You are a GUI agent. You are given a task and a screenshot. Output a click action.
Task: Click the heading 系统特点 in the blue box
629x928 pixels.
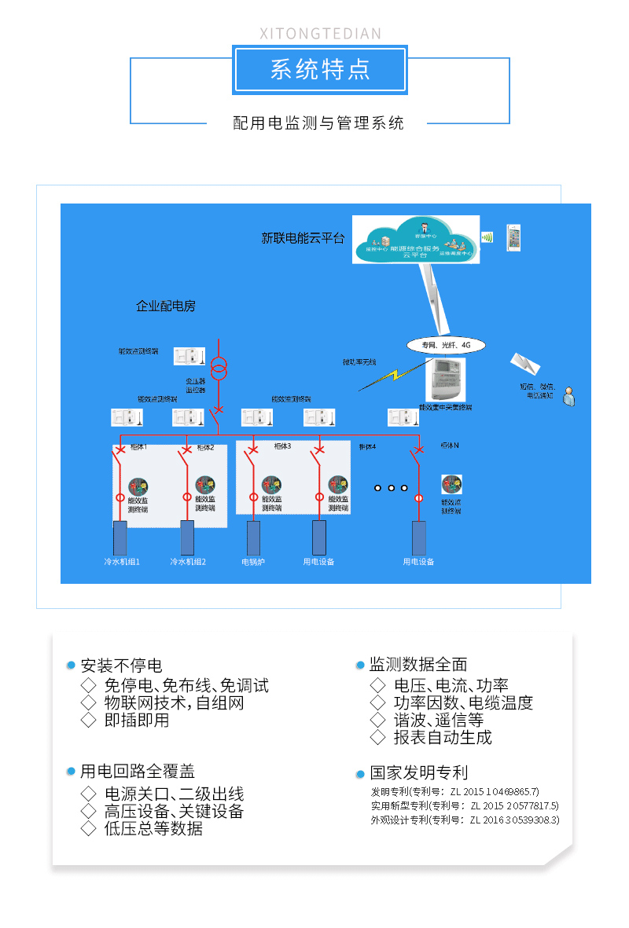(x=319, y=70)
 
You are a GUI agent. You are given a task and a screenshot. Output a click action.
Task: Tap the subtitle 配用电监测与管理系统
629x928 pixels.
(x=318, y=123)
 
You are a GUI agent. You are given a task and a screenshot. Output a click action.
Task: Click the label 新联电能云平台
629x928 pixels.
(x=303, y=238)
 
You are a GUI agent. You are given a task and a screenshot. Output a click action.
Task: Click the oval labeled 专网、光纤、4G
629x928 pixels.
(x=446, y=345)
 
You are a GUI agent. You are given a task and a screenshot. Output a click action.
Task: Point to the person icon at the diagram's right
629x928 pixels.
(x=568, y=397)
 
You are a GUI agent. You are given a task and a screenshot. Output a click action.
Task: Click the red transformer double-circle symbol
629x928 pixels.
(x=219, y=367)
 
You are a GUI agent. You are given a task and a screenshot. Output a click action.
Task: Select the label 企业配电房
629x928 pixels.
(x=165, y=306)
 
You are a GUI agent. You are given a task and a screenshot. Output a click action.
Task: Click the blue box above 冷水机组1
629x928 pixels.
(x=120, y=537)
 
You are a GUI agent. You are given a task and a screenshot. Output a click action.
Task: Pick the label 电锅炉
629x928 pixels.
(x=253, y=562)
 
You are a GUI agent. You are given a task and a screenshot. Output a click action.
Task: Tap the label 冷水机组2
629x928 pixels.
(x=188, y=562)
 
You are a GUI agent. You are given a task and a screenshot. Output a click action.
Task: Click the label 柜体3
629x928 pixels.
(x=282, y=446)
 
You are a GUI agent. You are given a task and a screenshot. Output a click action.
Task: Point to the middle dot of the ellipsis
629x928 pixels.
(x=391, y=488)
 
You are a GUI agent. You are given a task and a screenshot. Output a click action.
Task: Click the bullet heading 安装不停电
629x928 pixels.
(x=121, y=666)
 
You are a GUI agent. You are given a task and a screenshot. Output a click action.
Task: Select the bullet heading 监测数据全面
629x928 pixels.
(x=418, y=665)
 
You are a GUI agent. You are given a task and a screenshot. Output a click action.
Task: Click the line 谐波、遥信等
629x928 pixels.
(x=438, y=720)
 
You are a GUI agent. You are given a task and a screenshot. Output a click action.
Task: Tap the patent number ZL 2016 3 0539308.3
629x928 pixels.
(x=514, y=820)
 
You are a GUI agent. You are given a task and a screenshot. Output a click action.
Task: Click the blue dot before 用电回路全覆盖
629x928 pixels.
(x=71, y=772)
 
